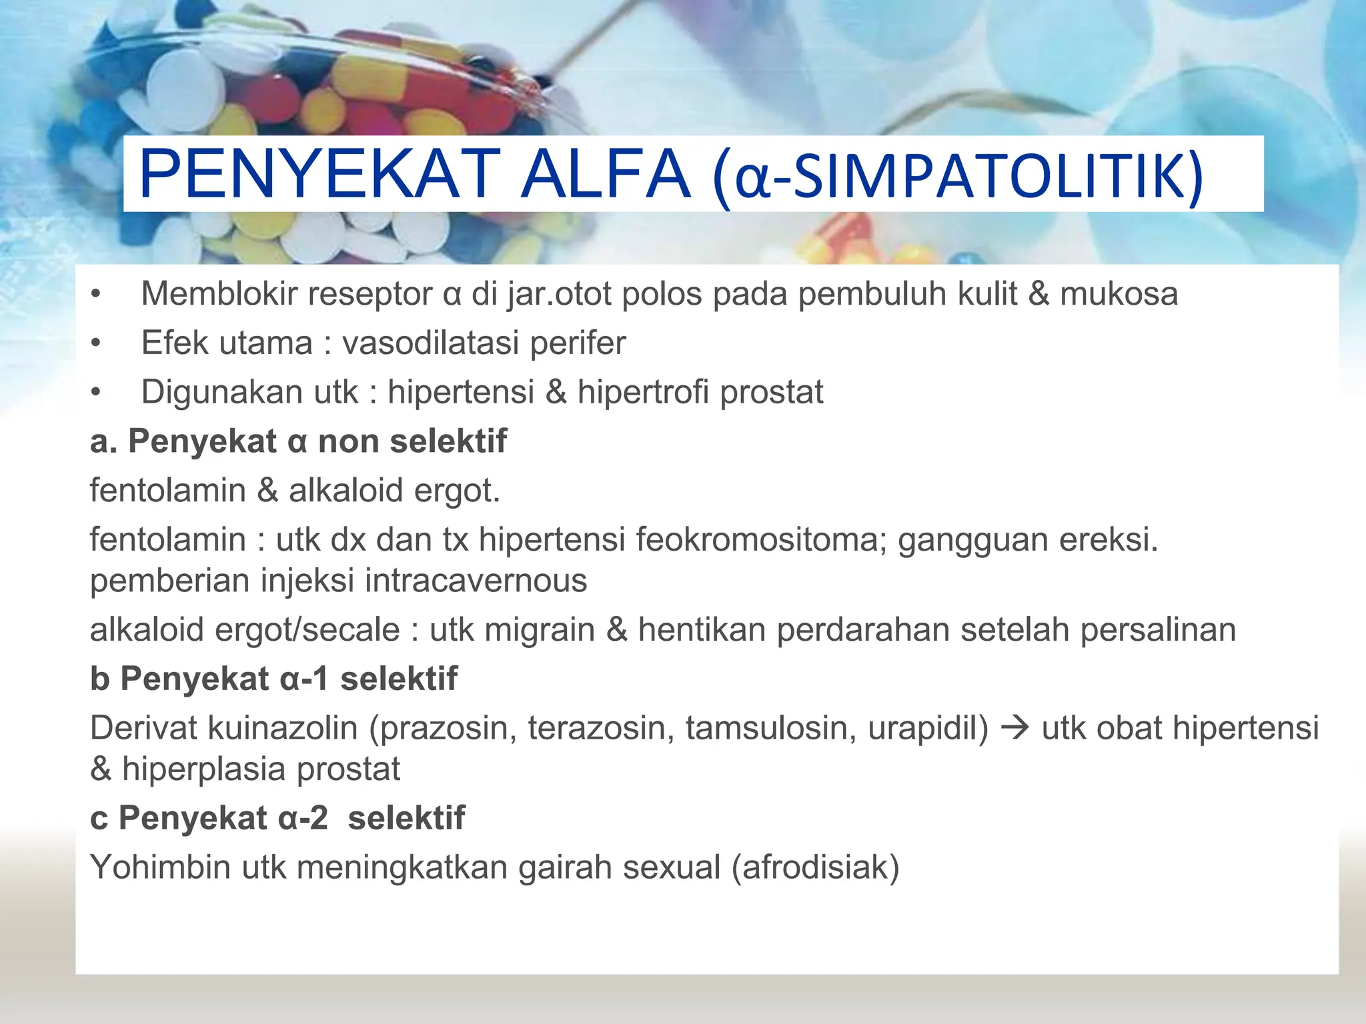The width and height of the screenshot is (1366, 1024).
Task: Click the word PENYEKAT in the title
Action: coord(319,175)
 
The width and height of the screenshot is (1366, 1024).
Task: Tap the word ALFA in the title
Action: coord(604,175)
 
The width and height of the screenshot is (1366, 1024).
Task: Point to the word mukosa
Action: coord(1119,294)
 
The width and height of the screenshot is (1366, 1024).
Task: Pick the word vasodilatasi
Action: coord(430,343)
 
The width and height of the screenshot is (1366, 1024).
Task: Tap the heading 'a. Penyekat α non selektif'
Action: coord(298,441)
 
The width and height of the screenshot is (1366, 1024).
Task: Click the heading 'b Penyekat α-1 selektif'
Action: coord(273,679)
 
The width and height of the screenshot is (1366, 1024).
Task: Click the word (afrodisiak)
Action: coord(815,867)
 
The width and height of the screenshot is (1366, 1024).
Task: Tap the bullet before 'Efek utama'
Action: coord(96,343)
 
